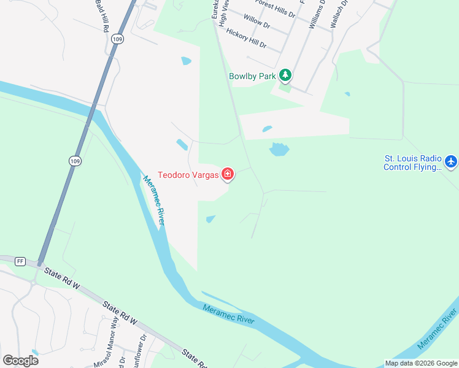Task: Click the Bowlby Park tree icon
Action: click(285, 76)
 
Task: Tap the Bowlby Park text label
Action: click(252, 77)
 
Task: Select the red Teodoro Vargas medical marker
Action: click(228, 175)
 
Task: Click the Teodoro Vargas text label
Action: click(188, 175)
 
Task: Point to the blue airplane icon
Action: click(452, 161)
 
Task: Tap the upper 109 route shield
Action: click(117, 38)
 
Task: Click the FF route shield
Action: click(20, 261)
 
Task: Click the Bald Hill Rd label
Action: click(101, 15)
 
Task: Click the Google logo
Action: click(20, 361)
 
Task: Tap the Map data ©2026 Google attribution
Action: click(421, 363)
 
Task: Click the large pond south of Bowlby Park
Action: click(279, 149)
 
